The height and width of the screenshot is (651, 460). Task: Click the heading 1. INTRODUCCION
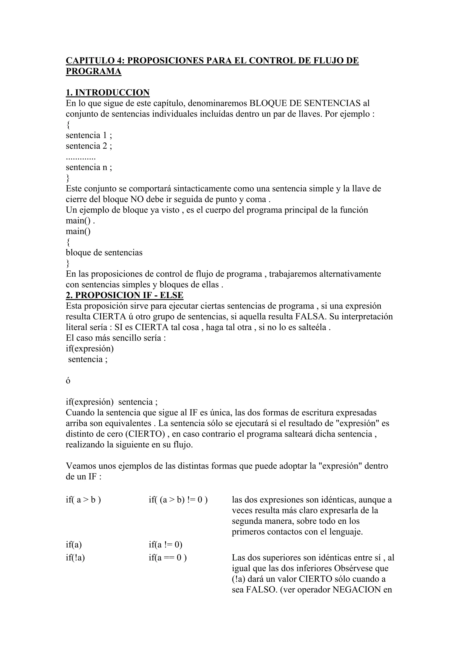pos(108,92)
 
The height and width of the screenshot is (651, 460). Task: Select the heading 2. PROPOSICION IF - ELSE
pos(124,295)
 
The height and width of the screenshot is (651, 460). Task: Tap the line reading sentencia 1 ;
pos(89,135)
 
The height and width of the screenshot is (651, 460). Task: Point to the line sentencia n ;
pos(89,167)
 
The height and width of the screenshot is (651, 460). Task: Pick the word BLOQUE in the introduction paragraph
pos(266,103)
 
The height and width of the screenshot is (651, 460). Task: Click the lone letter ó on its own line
pos(68,381)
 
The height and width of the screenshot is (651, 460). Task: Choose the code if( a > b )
pos(83,500)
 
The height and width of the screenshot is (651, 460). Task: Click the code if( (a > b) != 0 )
pos(178,500)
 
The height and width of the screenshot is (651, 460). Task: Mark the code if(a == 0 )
pos(168,558)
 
